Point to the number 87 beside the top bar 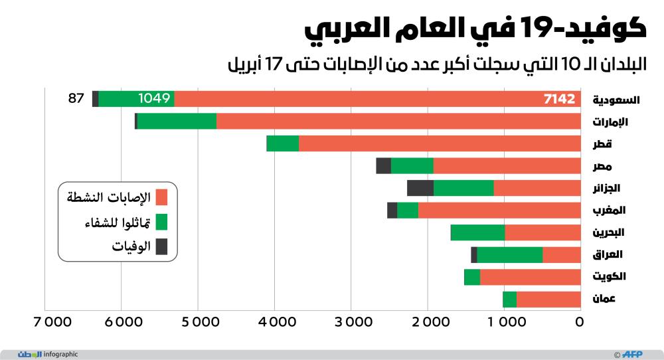(76, 99)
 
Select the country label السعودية (616, 100)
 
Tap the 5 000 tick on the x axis (197, 323)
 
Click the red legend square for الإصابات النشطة (161, 197)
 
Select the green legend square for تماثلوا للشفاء (161, 222)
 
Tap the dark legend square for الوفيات (161, 247)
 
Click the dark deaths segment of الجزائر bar (420, 188)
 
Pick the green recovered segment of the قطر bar (282, 143)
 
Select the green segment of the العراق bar (509, 254)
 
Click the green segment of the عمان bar (509, 299)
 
